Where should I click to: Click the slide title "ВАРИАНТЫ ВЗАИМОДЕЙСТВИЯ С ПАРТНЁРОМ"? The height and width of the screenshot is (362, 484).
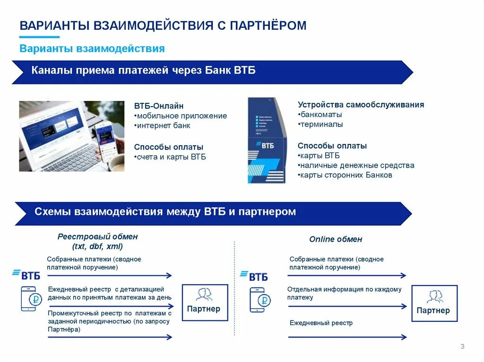[163, 25]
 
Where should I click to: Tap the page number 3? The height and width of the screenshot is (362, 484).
[462, 347]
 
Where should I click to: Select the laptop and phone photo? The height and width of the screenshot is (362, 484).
[71, 136]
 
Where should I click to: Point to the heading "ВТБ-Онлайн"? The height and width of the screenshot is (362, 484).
[159, 106]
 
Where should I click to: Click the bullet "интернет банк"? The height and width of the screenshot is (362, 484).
[163, 126]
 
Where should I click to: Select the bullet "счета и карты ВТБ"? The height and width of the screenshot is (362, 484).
[171, 157]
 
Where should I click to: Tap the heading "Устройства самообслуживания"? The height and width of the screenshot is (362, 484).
[361, 105]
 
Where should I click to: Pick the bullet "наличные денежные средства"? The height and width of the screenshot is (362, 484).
[356, 165]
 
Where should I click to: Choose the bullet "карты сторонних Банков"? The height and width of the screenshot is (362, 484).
[346, 175]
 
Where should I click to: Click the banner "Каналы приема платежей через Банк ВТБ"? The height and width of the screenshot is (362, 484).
[144, 71]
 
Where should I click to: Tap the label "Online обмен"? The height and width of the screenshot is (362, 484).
[336, 239]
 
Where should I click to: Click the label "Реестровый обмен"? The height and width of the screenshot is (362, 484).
[98, 236]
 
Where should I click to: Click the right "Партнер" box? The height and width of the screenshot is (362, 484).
[433, 303]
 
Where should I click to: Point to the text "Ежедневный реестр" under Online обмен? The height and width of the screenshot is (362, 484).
[321, 323]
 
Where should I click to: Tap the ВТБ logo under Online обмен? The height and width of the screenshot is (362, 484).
[255, 276]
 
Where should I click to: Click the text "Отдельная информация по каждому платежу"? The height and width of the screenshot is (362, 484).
[344, 293]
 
